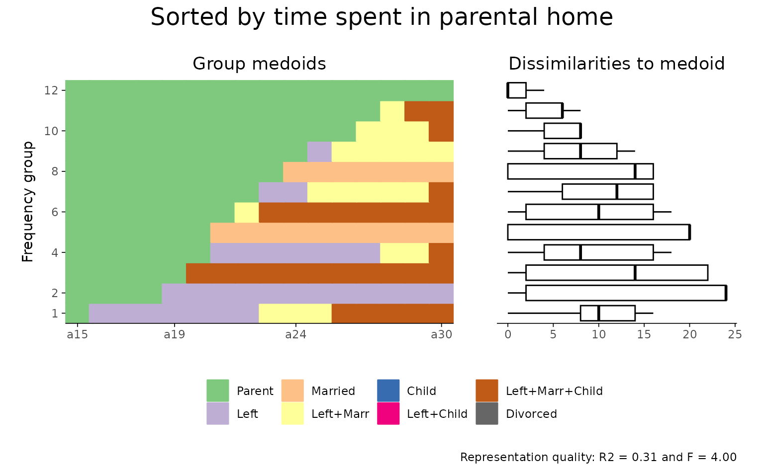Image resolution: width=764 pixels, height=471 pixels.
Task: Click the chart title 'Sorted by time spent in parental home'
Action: [x=382, y=18]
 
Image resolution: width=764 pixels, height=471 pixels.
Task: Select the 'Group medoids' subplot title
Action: [x=259, y=64]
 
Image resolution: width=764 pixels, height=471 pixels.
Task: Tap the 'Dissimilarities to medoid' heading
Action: [x=616, y=64]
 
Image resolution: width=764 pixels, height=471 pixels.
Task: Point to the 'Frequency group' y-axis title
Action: [x=28, y=202]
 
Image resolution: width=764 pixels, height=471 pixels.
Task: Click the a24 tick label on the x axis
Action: [x=295, y=335]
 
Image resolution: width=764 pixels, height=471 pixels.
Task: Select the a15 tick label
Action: [x=77, y=335]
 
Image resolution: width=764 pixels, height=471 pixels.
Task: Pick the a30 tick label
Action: [x=441, y=335]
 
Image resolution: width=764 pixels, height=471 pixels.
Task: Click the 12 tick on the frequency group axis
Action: [x=52, y=90]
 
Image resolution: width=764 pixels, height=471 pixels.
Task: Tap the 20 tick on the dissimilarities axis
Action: [x=689, y=335]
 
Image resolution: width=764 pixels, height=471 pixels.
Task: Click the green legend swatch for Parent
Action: [x=218, y=391]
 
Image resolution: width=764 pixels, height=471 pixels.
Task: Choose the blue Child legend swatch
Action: [x=388, y=391]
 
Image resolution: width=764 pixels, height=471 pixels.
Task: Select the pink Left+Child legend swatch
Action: [x=388, y=414]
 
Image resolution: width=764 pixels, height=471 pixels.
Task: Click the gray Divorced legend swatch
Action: [x=486, y=414]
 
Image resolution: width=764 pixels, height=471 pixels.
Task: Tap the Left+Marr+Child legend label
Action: [x=554, y=391]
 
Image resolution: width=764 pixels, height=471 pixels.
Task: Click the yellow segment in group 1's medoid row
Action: [x=295, y=314]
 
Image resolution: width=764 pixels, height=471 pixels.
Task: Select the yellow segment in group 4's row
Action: [x=404, y=253]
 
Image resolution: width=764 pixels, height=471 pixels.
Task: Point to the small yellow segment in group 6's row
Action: [x=246, y=212]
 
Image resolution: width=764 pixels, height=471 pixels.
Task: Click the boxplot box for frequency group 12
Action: [x=517, y=90]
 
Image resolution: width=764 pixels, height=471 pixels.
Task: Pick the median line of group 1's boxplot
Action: [x=598, y=314]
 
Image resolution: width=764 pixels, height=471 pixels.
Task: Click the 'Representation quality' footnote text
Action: [x=598, y=457]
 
